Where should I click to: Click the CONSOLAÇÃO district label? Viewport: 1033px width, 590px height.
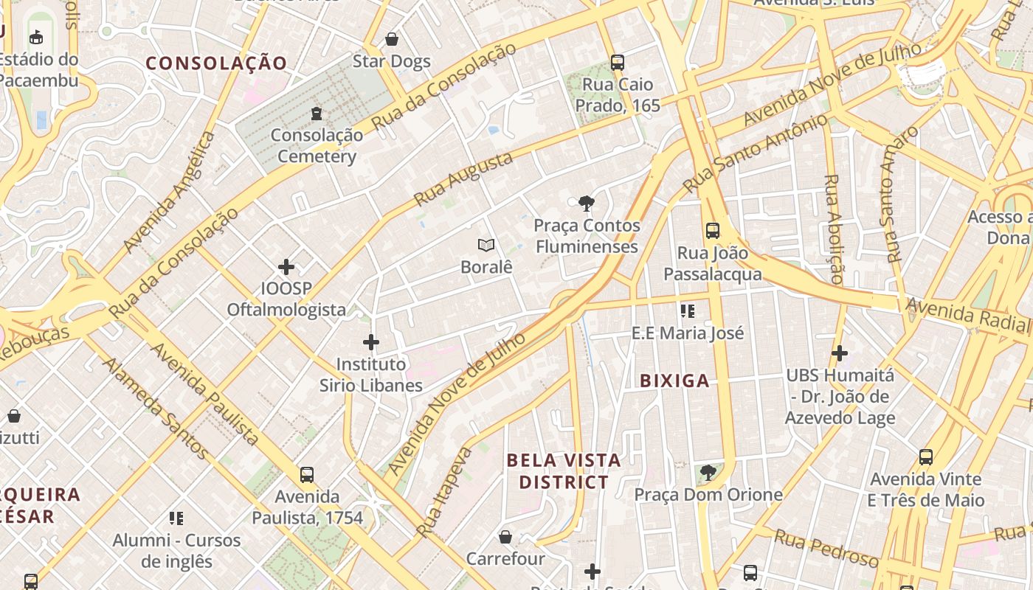click(x=215, y=63)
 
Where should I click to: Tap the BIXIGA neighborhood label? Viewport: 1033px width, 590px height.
click(x=674, y=381)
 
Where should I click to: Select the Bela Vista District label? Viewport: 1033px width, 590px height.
click(x=564, y=471)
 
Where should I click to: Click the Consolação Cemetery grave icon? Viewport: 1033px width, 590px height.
click(x=317, y=114)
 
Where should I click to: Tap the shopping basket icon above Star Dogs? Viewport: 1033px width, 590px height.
click(x=392, y=39)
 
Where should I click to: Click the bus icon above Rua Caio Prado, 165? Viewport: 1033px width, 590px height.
click(x=618, y=63)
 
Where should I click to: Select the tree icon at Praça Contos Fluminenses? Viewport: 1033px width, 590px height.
click(x=587, y=204)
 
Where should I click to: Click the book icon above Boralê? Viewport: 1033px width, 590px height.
click(x=486, y=245)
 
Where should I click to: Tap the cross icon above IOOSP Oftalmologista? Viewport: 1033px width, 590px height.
click(x=286, y=266)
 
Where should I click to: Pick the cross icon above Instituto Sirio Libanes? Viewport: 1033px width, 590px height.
click(x=371, y=342)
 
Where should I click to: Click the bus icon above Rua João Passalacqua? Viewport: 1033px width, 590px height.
click(x=712, y=231)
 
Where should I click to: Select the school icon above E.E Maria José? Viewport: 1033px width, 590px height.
click(x=688, y=311)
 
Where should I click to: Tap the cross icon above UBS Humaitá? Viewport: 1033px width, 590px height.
click(x=840, y=354)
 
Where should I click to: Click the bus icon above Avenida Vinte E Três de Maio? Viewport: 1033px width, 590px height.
click(x=925, y=457)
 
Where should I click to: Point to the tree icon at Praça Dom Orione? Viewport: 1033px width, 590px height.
click(x=708, y=472)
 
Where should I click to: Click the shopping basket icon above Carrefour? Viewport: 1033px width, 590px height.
click(x=505, y=537)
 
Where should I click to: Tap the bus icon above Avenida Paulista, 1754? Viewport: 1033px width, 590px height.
click(x=307, y=475)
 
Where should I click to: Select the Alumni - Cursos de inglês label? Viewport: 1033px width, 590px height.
click(x=176, y=550)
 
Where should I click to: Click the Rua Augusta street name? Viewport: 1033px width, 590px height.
click(x=463, y=179)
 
